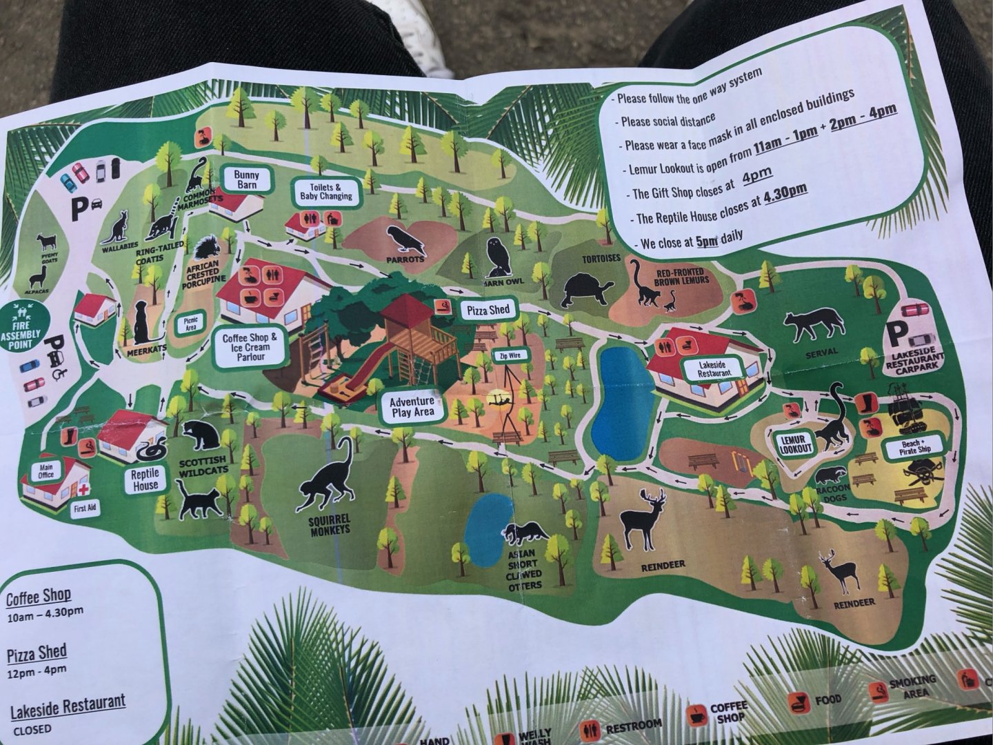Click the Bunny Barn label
246,179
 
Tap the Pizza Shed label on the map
488,310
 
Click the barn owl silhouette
497,257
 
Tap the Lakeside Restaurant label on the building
714,368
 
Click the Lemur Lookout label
795,444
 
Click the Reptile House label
146,479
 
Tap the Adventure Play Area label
412,406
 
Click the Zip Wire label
506,357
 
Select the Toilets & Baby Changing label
325,192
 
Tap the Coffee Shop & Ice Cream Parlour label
250,347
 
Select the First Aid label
86,508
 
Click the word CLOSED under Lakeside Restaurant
32,728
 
